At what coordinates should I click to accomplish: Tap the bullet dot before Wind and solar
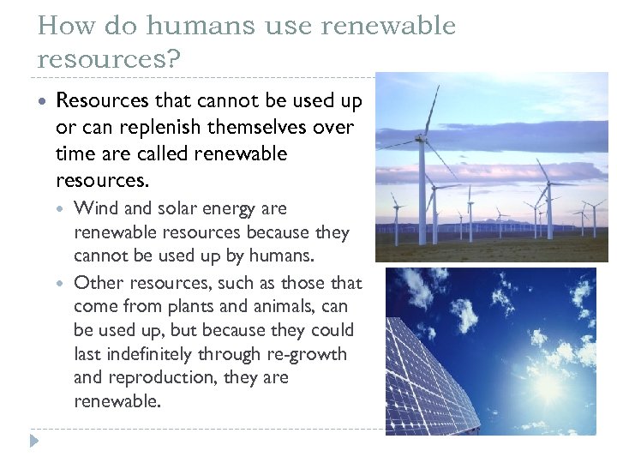[63, 208]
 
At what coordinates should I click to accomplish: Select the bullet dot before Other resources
[63, 283]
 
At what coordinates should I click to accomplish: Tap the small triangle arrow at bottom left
[34, 441]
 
